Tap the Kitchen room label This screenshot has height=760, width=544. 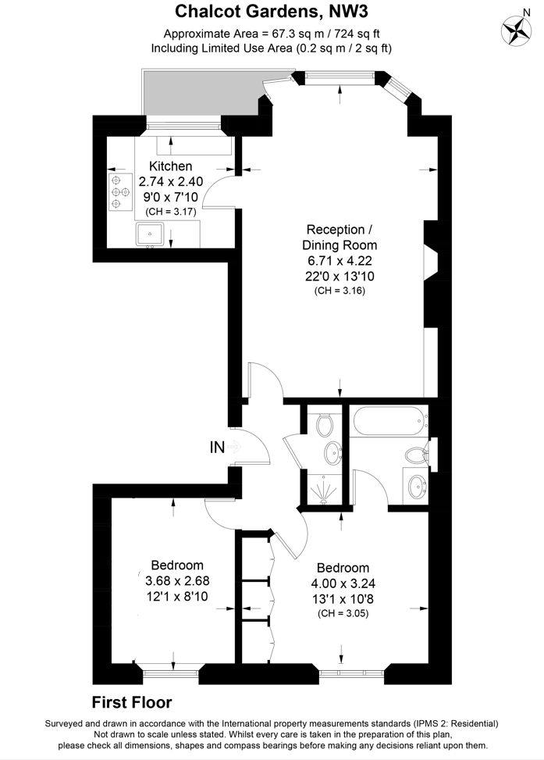(x=170, y=166)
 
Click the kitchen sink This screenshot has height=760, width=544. (x=150, y=234)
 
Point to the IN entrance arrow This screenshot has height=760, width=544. (x=233, y=446)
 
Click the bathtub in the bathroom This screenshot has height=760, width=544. (x=390, y=422)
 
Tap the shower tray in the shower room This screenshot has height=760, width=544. (x=325, y=490)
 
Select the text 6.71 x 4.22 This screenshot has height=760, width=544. (x=340, y=261)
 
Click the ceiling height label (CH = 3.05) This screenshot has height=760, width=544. (x=343, y=613)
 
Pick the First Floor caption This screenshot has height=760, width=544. (x=132, y=702)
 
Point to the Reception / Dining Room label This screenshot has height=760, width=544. (x=340, y=237)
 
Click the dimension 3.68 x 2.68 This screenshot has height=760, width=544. (x=177, y=580)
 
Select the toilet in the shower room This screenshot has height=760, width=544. (x=324, y=425)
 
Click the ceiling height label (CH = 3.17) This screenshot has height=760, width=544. (x=170, y=212)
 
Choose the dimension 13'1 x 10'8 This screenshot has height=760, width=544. (x=343, y=599)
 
